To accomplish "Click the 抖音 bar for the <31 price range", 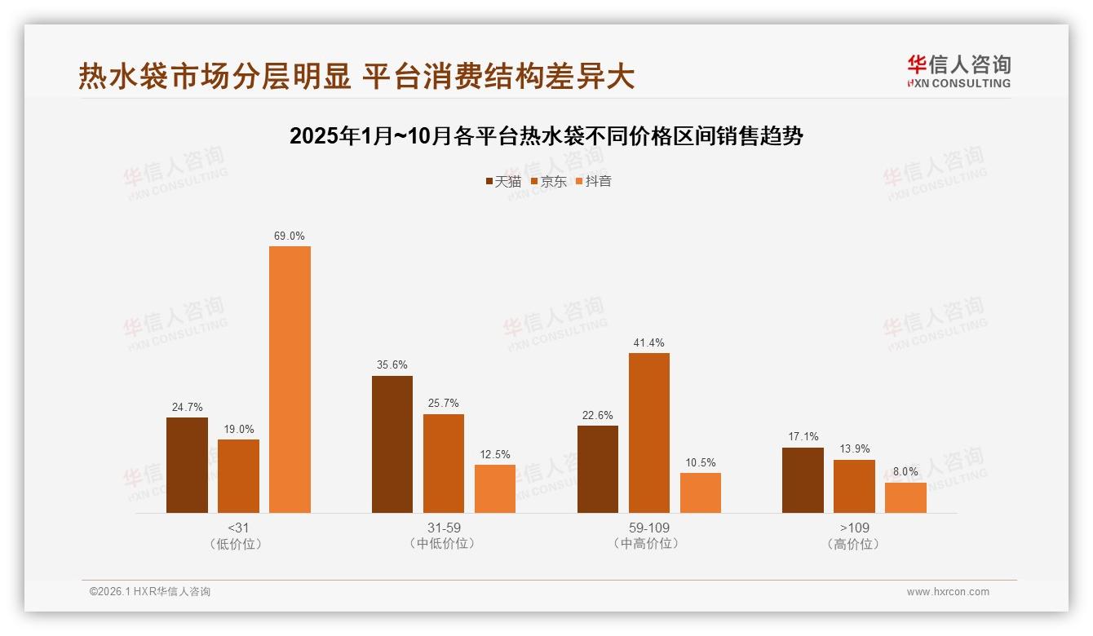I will [290, 379].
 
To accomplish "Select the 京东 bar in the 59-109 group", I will [648, 433].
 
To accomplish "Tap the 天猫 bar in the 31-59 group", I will [392, 444].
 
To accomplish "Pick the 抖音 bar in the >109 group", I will [905, 497].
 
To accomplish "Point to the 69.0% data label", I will [290, 236].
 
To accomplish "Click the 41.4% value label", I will [648, 343].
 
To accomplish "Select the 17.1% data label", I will [803, 437].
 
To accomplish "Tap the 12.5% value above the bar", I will [495, 455].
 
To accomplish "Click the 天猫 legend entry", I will [503, 182].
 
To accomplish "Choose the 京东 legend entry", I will [549, 182].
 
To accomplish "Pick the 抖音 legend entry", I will [594, 182].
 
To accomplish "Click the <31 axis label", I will [238, 528].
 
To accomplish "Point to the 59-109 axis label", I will [648, 528].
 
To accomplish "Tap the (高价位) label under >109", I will [854, 544].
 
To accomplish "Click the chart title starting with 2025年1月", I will [546, 136].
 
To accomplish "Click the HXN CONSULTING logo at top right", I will [958, 72].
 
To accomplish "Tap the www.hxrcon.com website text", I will [948, 592].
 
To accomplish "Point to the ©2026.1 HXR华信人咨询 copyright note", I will [150, 592].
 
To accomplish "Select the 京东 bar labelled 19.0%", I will [238, 476].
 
